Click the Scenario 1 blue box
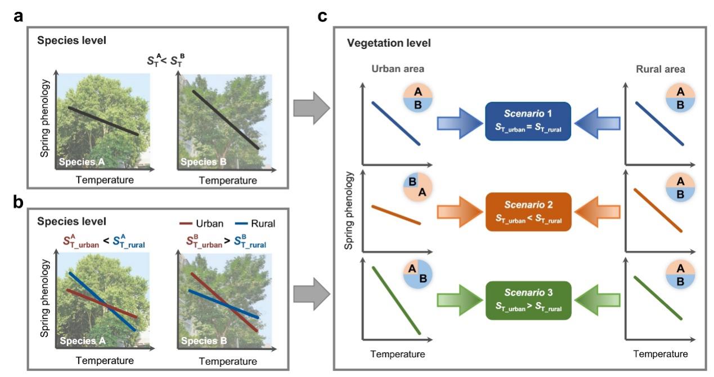coord(528,121)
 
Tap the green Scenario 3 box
coord(528,300)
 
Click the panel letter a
coord(19,16)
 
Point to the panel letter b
coord(19,202)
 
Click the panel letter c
coord(322,16)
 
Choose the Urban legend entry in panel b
coord(203,224)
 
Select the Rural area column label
coord(661,70)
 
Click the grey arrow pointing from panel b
coord(311,292)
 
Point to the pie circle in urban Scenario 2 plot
coord(417,187)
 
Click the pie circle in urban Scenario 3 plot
coord(417,276)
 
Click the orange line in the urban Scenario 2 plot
coord(396,215)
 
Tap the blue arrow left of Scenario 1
coord(457,121)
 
